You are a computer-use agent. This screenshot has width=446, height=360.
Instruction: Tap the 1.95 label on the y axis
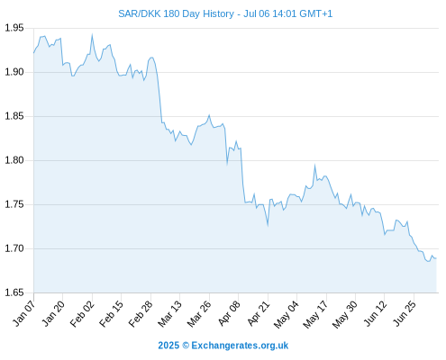[x=14, y=28]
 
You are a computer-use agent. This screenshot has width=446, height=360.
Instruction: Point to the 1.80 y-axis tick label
[x=14, y=160]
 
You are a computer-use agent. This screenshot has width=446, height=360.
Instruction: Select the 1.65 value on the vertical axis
[x=14, y=292]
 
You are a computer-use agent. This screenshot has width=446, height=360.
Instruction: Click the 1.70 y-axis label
[x=14, y=248]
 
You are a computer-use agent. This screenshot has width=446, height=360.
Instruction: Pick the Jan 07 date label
[x=23, y=313]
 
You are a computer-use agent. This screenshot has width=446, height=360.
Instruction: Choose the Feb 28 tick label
[x=141, y=313]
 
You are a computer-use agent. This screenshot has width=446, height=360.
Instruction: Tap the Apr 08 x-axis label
[x=229, y=313]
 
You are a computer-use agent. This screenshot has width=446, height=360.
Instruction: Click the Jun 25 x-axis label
[x=404, y=313]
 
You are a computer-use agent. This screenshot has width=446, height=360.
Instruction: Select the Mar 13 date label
[x=169, y=313]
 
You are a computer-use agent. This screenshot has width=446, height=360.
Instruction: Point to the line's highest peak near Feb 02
[x=92, y=35]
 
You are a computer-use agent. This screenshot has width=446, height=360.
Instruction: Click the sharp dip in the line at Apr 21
[x=268, y=225]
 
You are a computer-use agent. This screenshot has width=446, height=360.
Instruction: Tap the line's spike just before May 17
[x=314, y=165]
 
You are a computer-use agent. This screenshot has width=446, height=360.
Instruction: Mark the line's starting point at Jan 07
[x=34, y=53]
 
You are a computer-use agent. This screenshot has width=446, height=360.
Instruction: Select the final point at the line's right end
[x=436, y=258]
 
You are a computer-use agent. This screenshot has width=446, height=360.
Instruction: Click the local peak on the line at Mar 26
[x=209, y=115]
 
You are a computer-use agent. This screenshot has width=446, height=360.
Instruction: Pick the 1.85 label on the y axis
[x=14, y=116]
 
